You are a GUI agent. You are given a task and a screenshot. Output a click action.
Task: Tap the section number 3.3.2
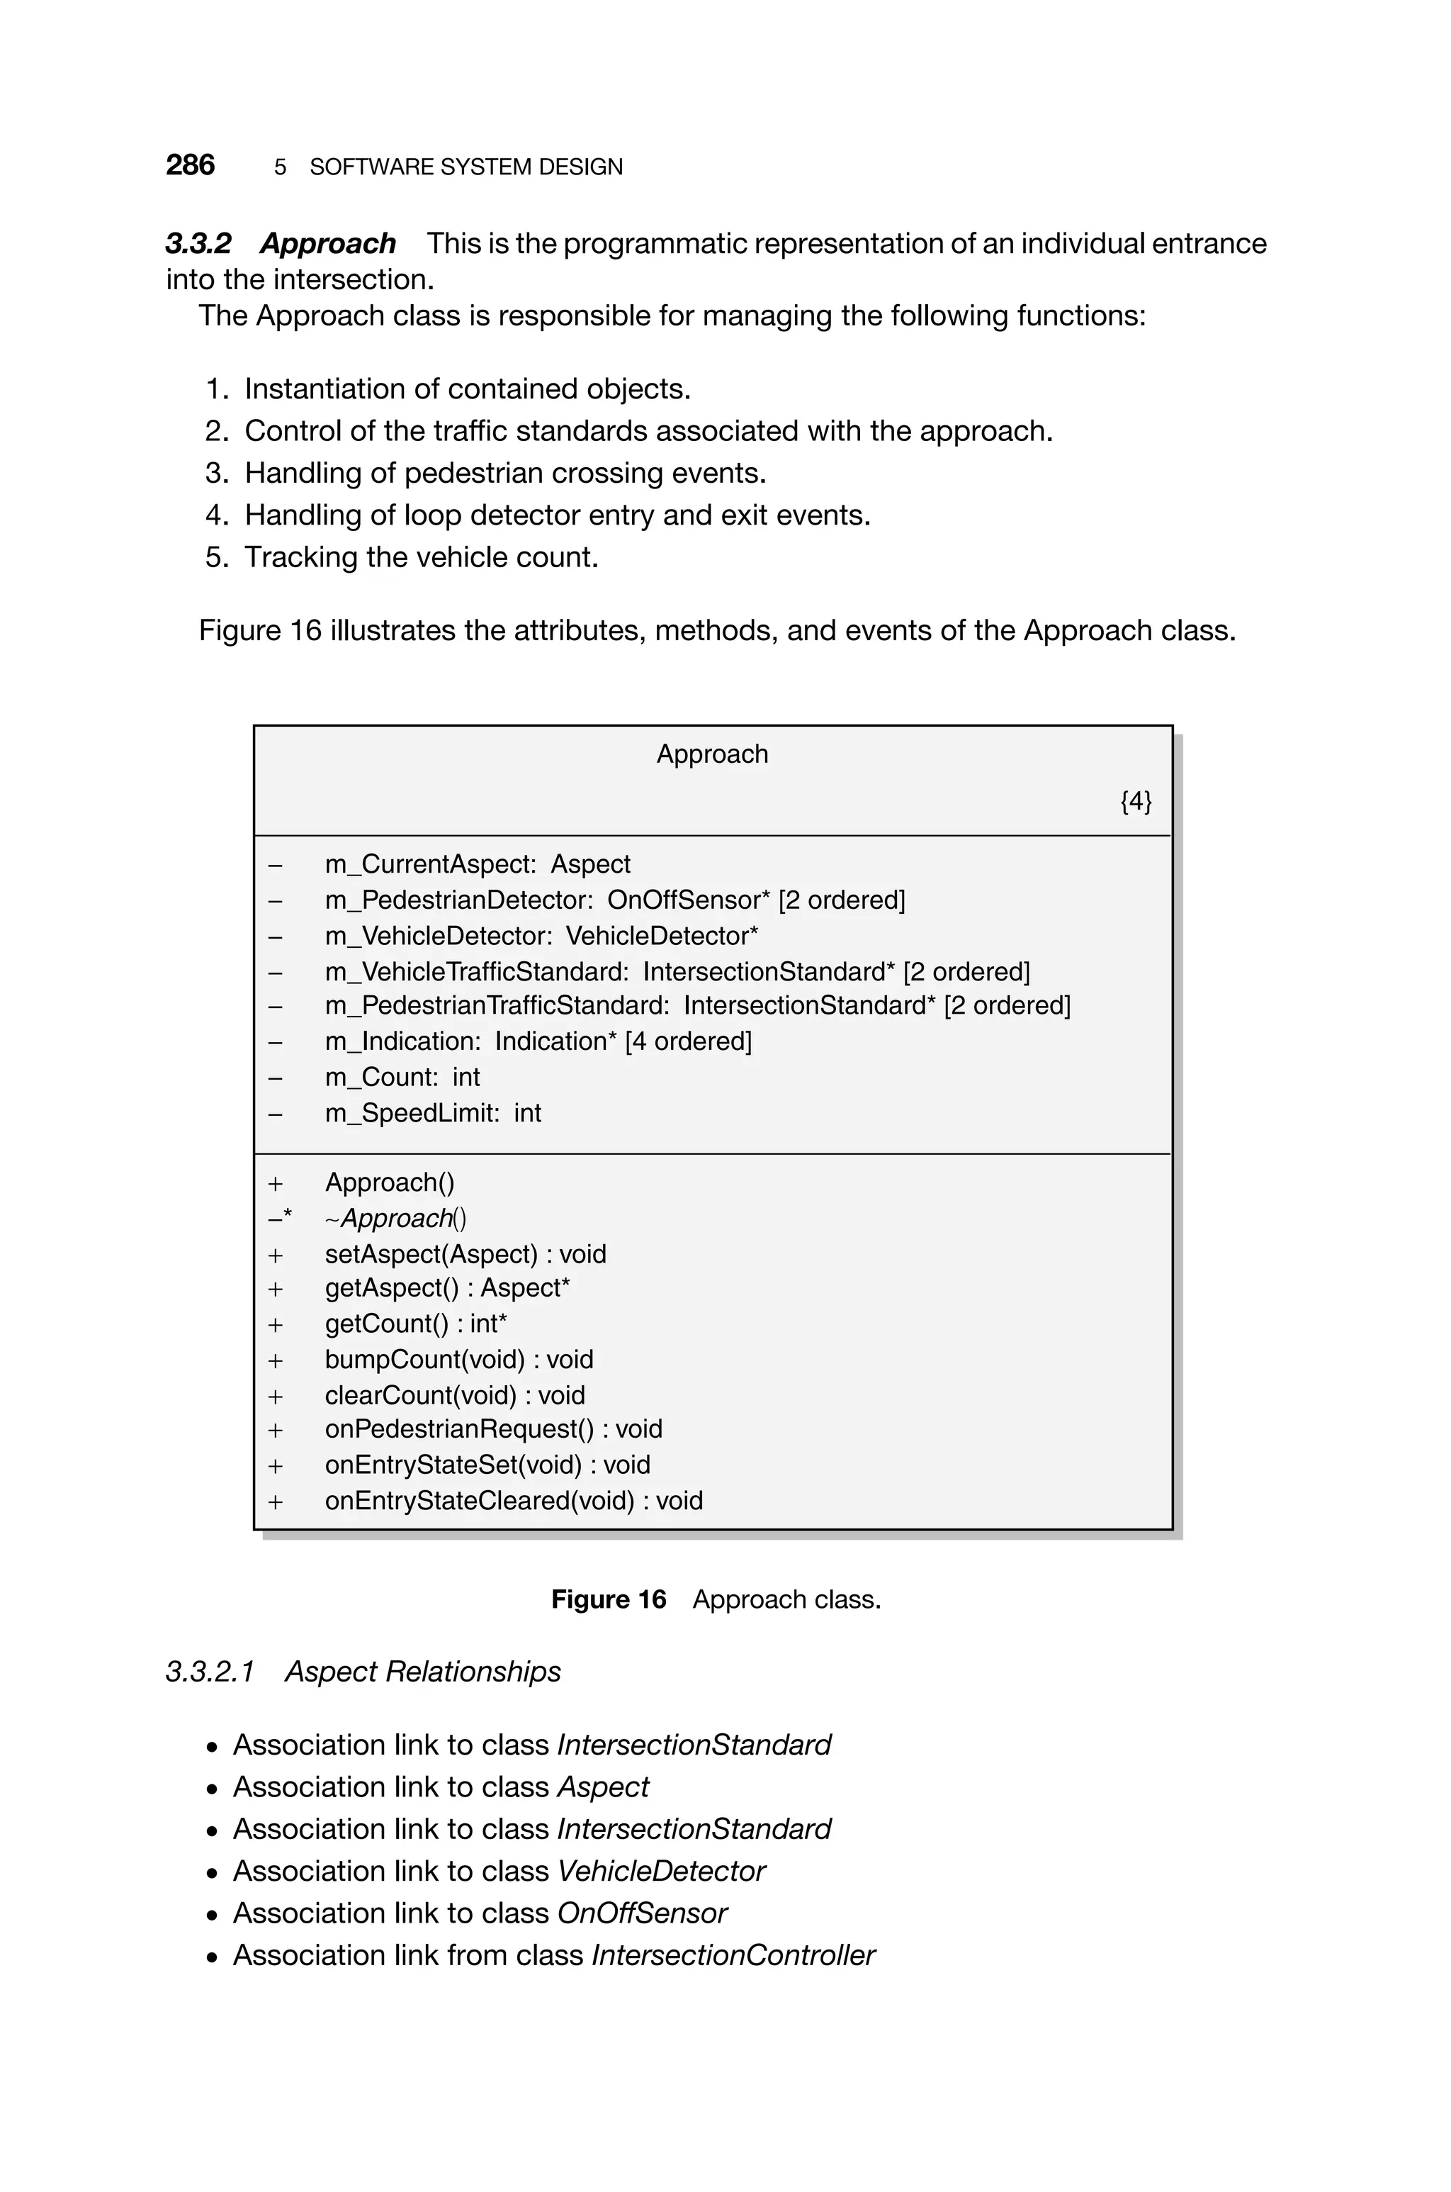coord(198,243)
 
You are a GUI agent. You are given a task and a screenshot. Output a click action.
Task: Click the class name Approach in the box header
coord(711,754)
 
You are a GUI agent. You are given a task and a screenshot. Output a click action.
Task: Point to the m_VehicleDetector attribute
coord(541,936)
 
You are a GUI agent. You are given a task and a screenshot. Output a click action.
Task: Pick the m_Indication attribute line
coord(538,1041)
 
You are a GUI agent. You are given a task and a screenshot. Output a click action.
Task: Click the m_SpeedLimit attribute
coord(432,1113)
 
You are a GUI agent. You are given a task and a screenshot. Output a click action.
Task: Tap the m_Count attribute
coord(402,1078)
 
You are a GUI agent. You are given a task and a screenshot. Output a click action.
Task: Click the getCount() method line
coord(415,1324)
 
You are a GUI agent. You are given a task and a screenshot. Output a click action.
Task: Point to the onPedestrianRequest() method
coord(492,1429)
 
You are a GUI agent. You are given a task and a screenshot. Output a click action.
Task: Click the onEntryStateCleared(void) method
coord(513,1501)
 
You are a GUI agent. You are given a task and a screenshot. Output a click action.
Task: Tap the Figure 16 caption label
coord(608,1599)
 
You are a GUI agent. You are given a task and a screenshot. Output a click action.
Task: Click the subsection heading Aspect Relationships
coord(422,1672)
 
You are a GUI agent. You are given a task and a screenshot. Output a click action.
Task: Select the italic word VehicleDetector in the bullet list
coord(661,1872)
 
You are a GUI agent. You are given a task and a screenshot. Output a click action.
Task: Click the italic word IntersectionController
coord(732,1956)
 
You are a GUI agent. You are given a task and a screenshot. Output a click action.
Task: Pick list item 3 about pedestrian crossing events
coord(504,473)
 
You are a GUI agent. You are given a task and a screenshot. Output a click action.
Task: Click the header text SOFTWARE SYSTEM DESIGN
coord(465,167)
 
